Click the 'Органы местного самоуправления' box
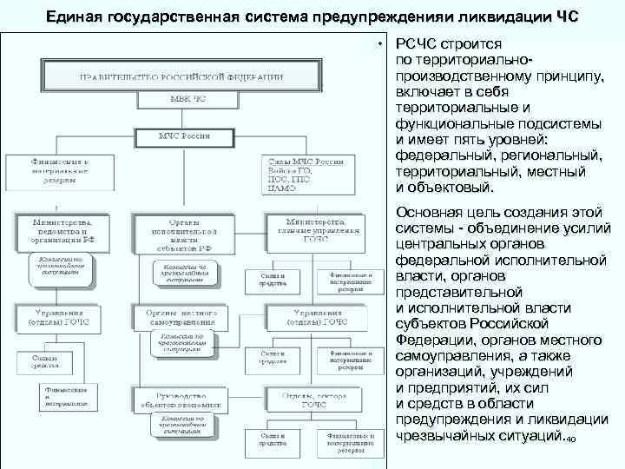click(x=181, y=316)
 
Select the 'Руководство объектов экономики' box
click(x=181, y=399)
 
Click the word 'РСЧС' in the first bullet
click(x=418, y=44)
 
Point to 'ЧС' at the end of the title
click(x=564, y=17)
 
